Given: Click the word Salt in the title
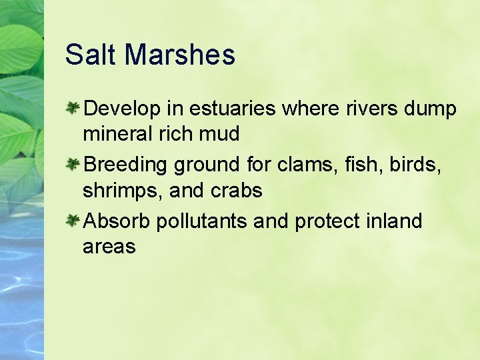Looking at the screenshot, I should point(91,55).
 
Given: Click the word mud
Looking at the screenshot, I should point(218,134).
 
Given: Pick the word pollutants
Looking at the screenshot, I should point(202,221).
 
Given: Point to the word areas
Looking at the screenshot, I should point(109,247).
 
